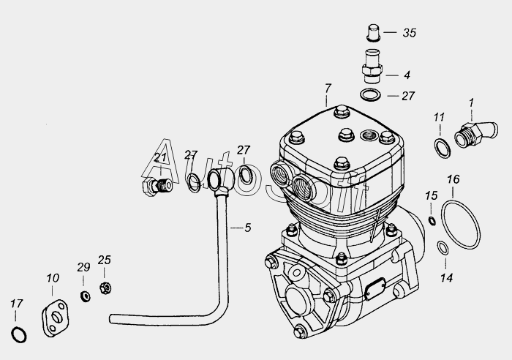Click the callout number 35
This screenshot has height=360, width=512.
pyautogui.click(x=410, y=33)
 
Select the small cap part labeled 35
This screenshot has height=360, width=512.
pyautogui.click(x=373, y=33)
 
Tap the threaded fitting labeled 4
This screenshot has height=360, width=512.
pyautogui.click(x=372, y=67)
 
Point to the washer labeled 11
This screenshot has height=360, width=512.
pyautogui.click(x=443, y=148)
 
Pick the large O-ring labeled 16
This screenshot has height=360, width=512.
pyautogui.click(x=461, y=225)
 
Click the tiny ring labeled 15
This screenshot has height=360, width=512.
pyautogui.click(x=432, y=221)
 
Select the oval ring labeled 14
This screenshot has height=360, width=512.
pyautogui.click(x=443, y=247)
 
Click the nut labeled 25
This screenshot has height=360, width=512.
pyautogui.click(x=105, y=288)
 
